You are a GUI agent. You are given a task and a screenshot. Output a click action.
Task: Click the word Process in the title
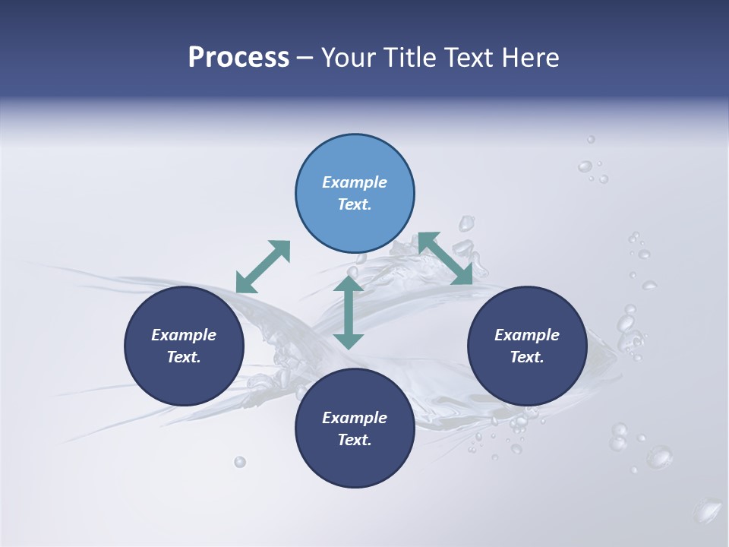point(238,58)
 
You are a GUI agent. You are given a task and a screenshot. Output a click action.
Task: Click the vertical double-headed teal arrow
point(349,312)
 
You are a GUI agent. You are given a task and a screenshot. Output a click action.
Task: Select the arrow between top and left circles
point(264,267)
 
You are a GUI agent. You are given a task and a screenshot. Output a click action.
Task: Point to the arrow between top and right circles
point(445,258)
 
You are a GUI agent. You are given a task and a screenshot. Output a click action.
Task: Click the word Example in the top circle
point(355,182)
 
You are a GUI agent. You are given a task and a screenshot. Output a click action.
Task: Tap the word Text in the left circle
point(184,357)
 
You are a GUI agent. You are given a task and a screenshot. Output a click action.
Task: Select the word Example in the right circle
point(527,335)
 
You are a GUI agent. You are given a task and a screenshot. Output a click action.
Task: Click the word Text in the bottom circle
point(355,440)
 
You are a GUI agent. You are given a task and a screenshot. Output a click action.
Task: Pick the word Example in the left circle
point(184,335)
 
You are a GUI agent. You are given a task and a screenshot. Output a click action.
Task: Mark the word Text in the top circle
point(355,204)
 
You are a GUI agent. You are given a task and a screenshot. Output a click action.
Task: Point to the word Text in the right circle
point(527,357)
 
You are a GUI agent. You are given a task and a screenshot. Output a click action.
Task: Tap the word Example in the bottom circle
point(355,418)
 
